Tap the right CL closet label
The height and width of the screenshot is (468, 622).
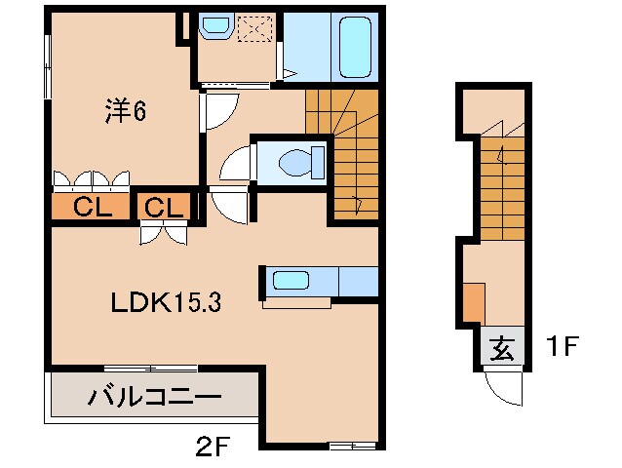(x=164, y=207)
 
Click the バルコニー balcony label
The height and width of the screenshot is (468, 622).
(x=155, y=397)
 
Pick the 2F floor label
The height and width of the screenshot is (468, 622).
(x=212, y=448)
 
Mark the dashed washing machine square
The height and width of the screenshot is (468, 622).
(x=257, y=31)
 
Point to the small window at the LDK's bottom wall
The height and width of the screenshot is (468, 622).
(x=351, y=446)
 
